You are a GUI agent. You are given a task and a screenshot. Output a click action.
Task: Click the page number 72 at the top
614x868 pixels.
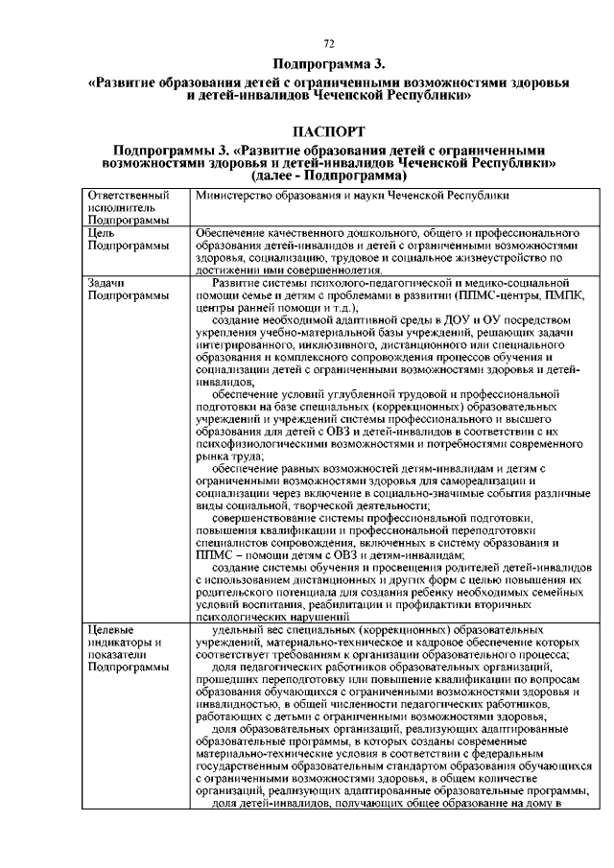click(x=327, y=43)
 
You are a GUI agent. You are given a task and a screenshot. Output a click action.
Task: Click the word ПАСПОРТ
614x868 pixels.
click(x=327, y=130)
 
